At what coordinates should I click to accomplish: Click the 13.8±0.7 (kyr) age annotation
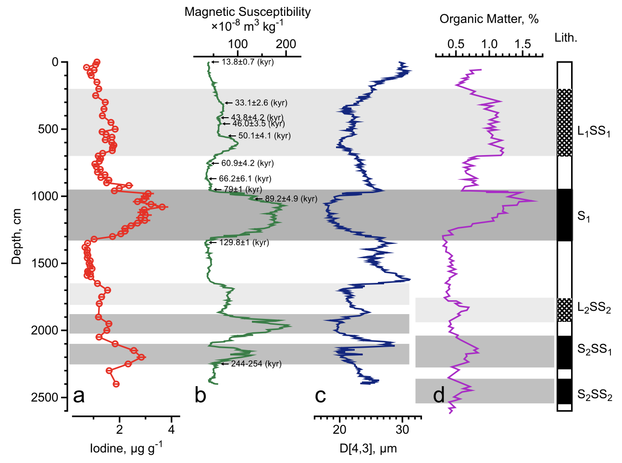(248, 62)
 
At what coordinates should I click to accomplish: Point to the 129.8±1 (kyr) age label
(244, 243)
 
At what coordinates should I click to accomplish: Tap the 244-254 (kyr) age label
(256, 364)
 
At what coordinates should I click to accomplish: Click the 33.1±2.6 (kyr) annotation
(261, 103)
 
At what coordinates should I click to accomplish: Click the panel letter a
(79, 396)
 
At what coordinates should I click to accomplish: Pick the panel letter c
(320, 396)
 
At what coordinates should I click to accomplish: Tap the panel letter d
(438, 396)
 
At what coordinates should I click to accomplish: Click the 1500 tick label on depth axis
(45, 263)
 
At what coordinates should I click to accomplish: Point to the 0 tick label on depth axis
(55, 62)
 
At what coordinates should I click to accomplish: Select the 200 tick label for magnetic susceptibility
(286, 44)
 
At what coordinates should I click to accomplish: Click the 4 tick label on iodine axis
(171, 429)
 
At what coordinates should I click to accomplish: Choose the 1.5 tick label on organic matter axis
(522, 44)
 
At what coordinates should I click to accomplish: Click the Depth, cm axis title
(17, 236)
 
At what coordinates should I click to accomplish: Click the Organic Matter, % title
(489, 19)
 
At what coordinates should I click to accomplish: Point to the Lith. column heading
(566, 38)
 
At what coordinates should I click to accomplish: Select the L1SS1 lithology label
(594, 131)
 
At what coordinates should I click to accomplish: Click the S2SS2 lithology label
(595, 395)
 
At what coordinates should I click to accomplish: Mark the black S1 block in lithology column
(565, 215)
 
